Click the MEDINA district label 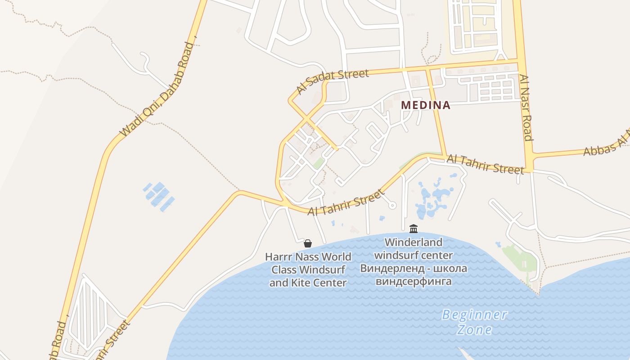425,105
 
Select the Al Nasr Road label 526,108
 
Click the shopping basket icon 308,243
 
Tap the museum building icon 414,229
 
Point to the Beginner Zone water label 474,322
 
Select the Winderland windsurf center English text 413,249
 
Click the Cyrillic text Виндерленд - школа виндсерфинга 413,275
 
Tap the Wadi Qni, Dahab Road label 157,90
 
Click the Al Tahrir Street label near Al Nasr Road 485,164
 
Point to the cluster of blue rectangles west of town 158,196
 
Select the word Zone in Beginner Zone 474,330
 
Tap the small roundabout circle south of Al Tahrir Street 392,205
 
